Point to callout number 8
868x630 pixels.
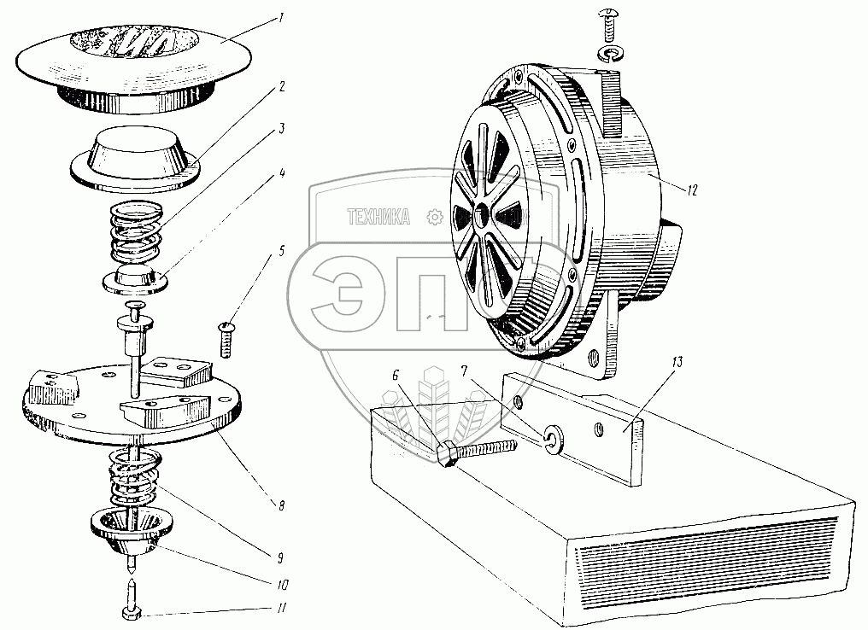(283, 505)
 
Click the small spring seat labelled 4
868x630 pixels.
(134, 279)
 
